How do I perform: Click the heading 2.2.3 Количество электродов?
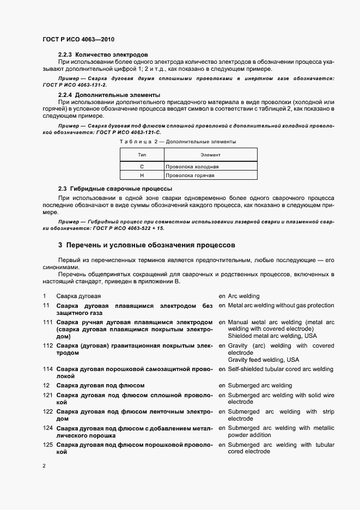[x=103, y=54]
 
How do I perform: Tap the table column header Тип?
[x=142, y=155]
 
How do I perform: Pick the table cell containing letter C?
[x=142, y=166]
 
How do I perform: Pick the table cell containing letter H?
[x=142, y=175]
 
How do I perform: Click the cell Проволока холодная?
[x=191, y=166]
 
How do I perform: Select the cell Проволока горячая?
[x=190, y=175]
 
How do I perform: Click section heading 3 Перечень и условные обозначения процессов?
[x=147, y=245]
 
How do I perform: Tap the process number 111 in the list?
[x=48, y=322]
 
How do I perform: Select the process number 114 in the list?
[x=48, y=369]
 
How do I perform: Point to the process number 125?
[x=48, y=445]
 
